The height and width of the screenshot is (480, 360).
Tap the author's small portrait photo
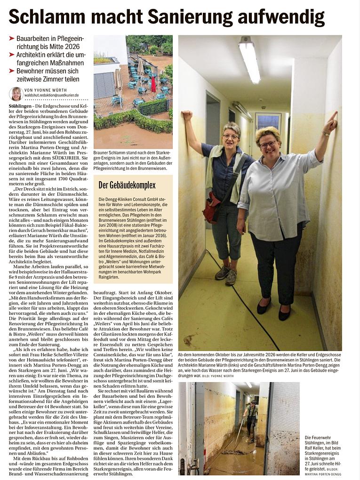coord(16,94)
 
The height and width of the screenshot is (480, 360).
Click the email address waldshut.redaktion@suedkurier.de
coord(51,95)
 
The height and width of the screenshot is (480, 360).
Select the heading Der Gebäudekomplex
coord(127,185)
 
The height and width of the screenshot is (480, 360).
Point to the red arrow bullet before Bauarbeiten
coord(12,38)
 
